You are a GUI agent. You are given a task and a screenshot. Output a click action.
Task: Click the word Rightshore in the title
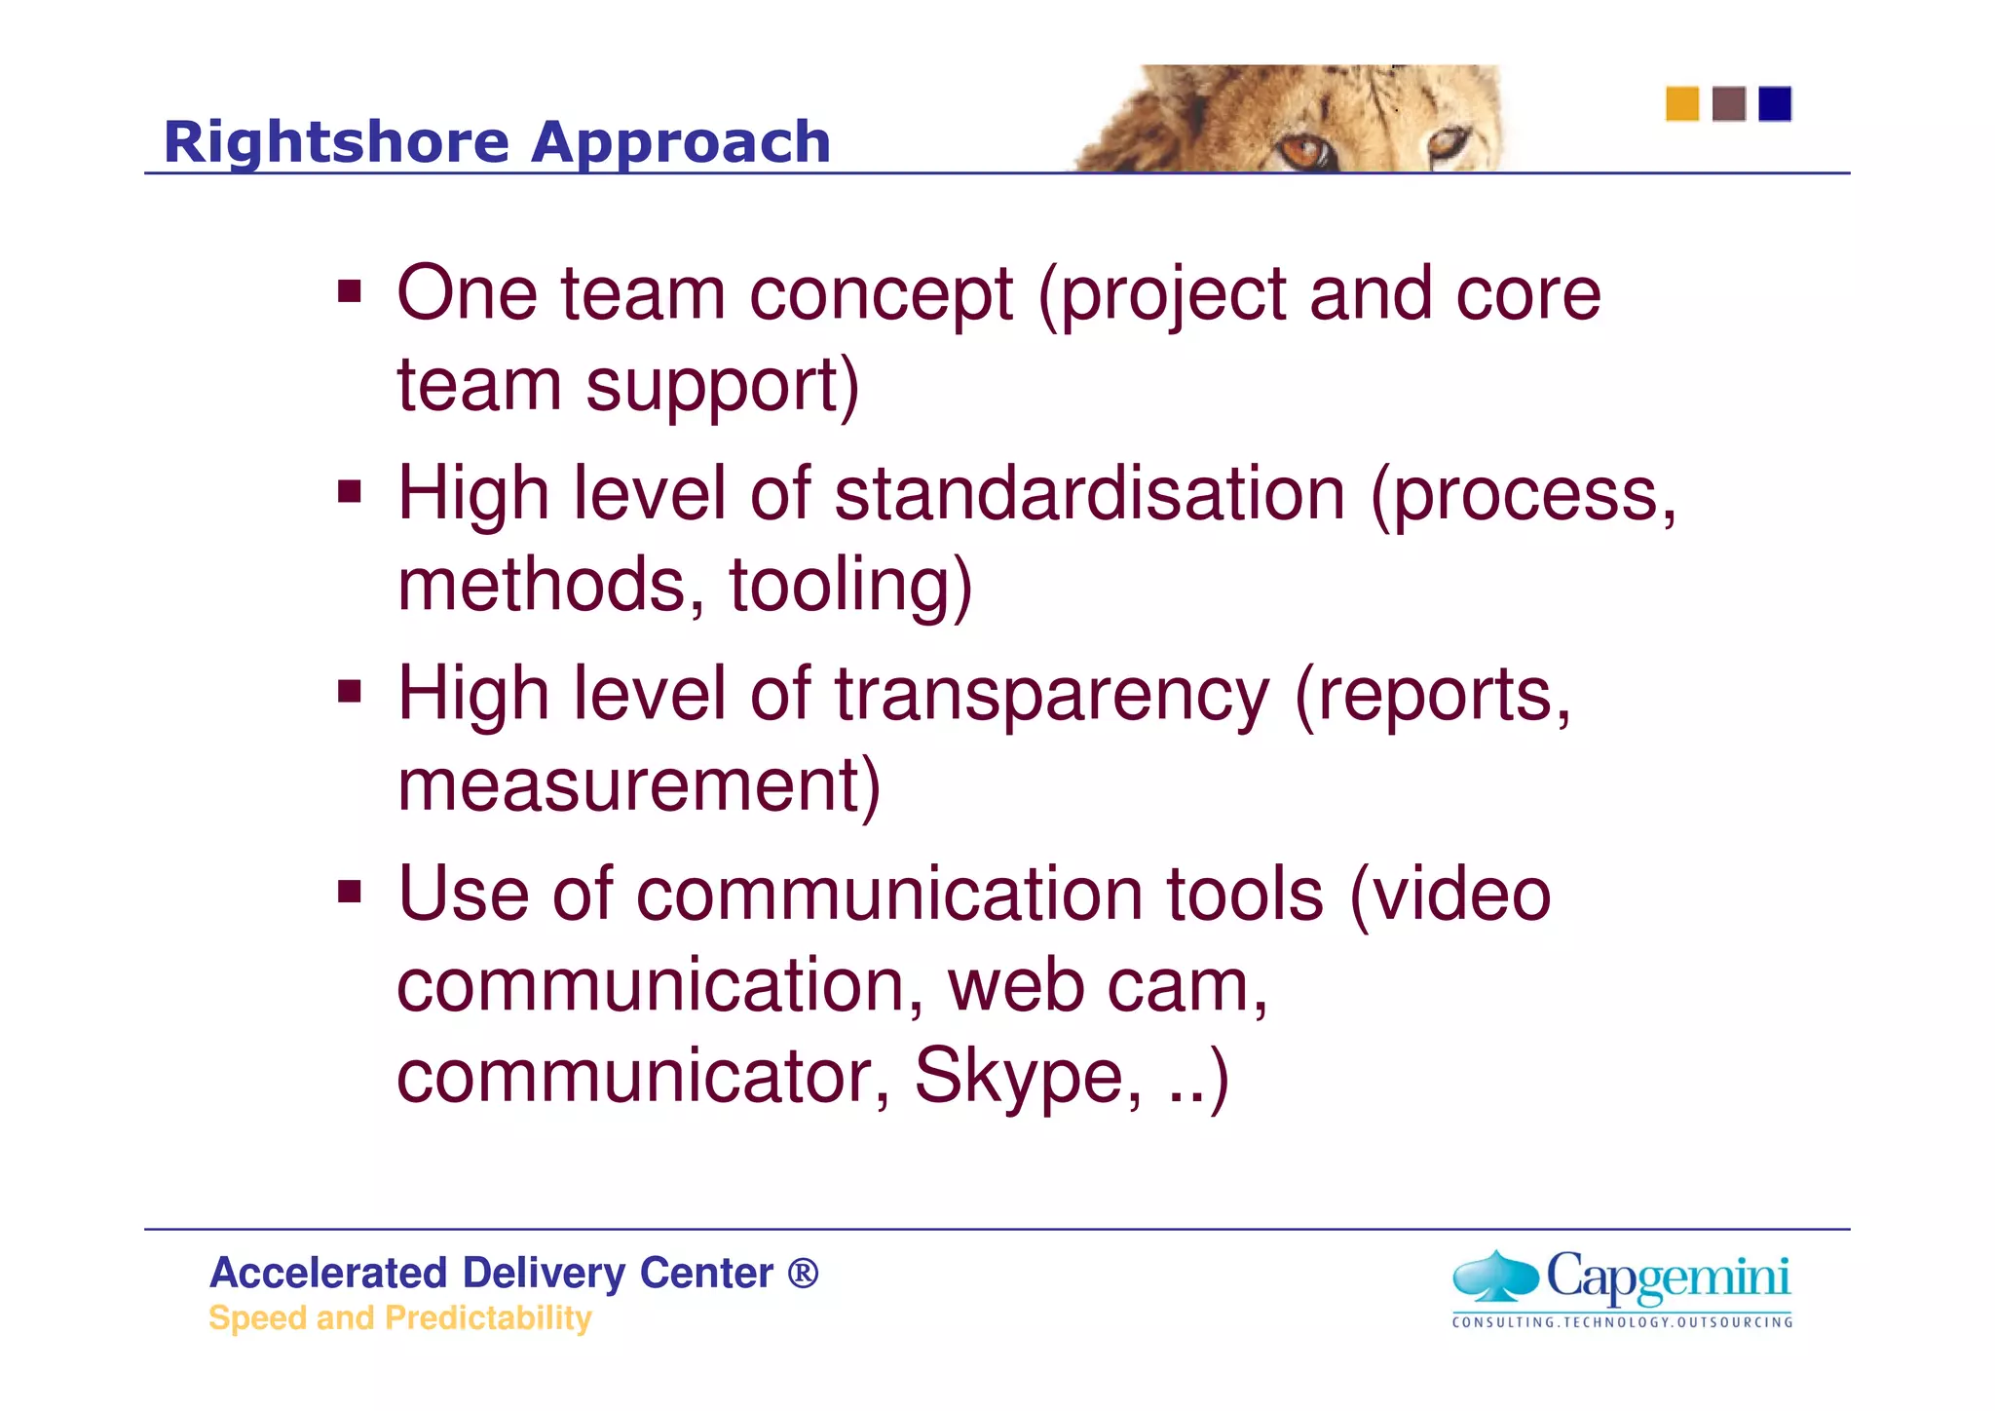[x=336, y=142]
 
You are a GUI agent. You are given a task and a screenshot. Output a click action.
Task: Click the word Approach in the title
[x=680, y=142]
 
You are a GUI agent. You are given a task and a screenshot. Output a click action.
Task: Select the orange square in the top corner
[x=1681, y=103]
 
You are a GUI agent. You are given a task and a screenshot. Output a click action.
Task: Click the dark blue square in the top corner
[x=1775, y=103]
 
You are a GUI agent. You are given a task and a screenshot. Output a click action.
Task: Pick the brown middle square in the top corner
[x=1728, y=103]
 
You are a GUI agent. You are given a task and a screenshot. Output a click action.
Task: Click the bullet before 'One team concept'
[x=350, y=290]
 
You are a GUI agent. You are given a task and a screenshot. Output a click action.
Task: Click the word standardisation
[x=1090, y=493]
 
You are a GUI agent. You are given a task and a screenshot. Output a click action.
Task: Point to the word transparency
[x=1052, y=694]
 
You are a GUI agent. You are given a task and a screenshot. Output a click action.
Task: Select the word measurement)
[x=639, y=784]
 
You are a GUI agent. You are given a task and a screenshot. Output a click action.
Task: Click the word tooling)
[x=850, y=585]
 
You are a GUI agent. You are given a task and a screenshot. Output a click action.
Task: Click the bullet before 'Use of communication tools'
[x=350, y=891]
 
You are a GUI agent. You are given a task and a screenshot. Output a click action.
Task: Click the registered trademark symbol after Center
[x=803, y=1273]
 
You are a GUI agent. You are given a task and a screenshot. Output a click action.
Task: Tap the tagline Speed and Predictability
[x=399, y=1317]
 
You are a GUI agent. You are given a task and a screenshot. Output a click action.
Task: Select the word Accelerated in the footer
[x=327, y=1273]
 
